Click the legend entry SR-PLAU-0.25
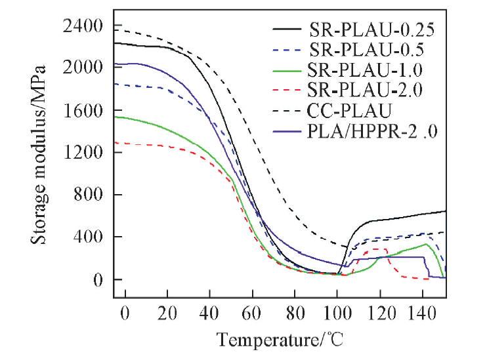pyautogui.click(x=371, y=30)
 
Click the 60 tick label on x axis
pyautogui.click(x=252, y=313)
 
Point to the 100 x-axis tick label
pyautogui.click(x=337, y=313)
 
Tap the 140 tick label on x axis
pyautogui.click(x=421, y=313)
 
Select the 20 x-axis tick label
pyautogui.click(x=167, y=313)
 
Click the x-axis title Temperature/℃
pyautogui.click(x=280, y=340)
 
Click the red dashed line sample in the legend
pyautogui.click(x=287, y=89)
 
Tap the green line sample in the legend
pyautogui.click(x=287, y=70)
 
